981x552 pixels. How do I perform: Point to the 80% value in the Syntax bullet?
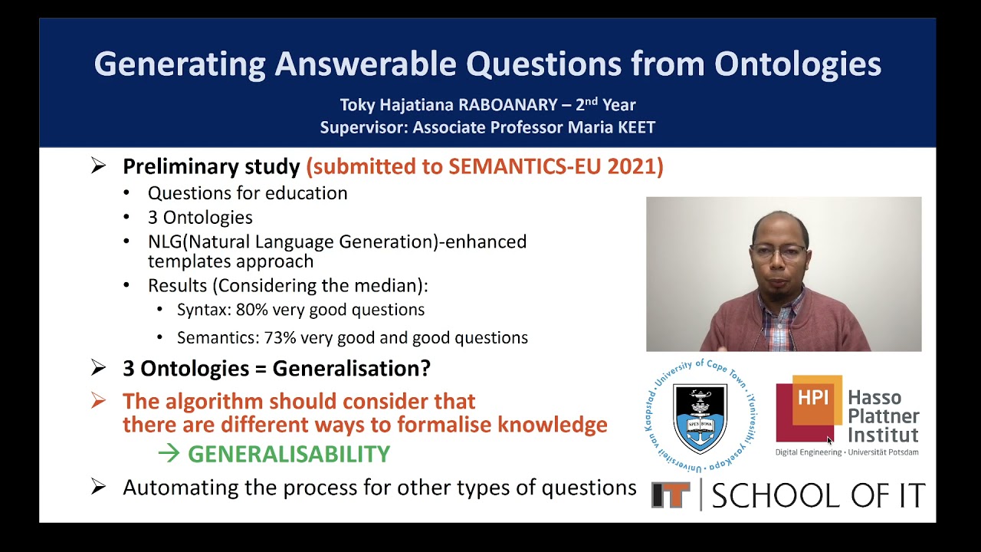(x=252, y=310)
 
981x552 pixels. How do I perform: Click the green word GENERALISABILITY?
(x=289, y=454)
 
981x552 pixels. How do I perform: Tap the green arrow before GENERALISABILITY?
(x=169, y=454)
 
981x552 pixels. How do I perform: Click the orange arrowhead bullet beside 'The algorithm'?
(x=98, y=401)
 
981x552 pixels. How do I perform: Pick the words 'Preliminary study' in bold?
(x=211, y=166)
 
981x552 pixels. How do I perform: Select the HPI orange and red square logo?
(x=809, y=408)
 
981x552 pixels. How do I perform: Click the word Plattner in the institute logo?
(x=883, y=416)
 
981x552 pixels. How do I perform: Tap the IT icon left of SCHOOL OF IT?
(x=671, y=495)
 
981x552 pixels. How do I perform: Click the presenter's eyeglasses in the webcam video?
(x=778, y=252)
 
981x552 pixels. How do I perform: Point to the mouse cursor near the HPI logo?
(x=829, y=441)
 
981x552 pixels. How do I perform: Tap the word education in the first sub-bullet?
(x=306, y=193)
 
